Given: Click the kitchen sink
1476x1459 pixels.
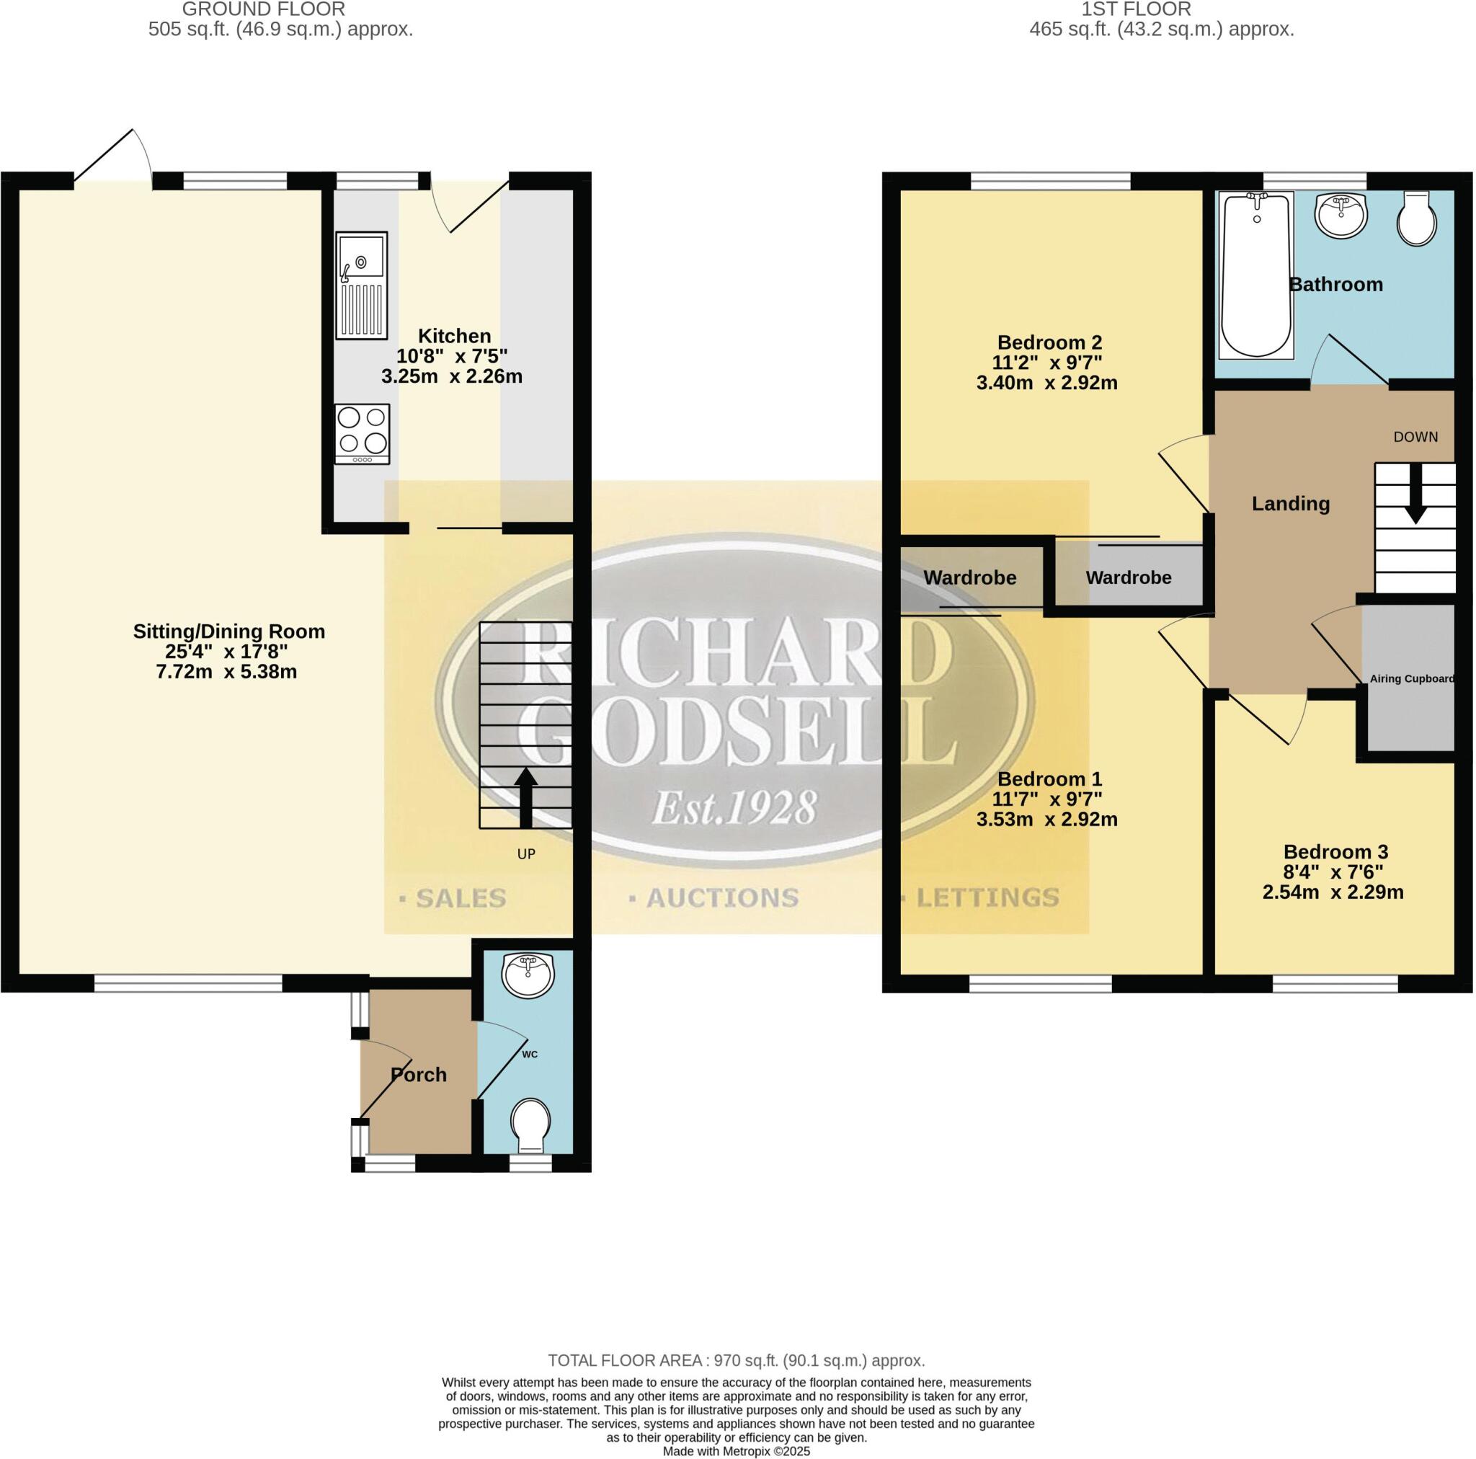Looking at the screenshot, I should [x=361, y=285].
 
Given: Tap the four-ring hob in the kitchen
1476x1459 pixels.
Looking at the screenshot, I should [x=361, y=433].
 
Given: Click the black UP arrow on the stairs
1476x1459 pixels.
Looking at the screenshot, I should [x=525, y=797].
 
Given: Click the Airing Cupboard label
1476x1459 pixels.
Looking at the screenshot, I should [x=1411, y=678].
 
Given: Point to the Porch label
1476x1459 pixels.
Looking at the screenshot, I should [x=419, y=1075].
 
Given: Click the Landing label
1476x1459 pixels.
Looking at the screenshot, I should [x=1290, y=504].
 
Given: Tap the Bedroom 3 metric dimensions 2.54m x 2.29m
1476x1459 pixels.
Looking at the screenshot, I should [x=1333, y=892].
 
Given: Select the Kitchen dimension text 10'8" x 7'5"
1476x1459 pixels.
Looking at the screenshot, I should [x=451, y=356].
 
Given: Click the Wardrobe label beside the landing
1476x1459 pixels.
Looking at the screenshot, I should [x=1128, y=578].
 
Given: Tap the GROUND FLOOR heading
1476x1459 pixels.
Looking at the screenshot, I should [x=263, y=10].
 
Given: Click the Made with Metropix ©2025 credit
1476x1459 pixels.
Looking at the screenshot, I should [x=736, y=1451].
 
